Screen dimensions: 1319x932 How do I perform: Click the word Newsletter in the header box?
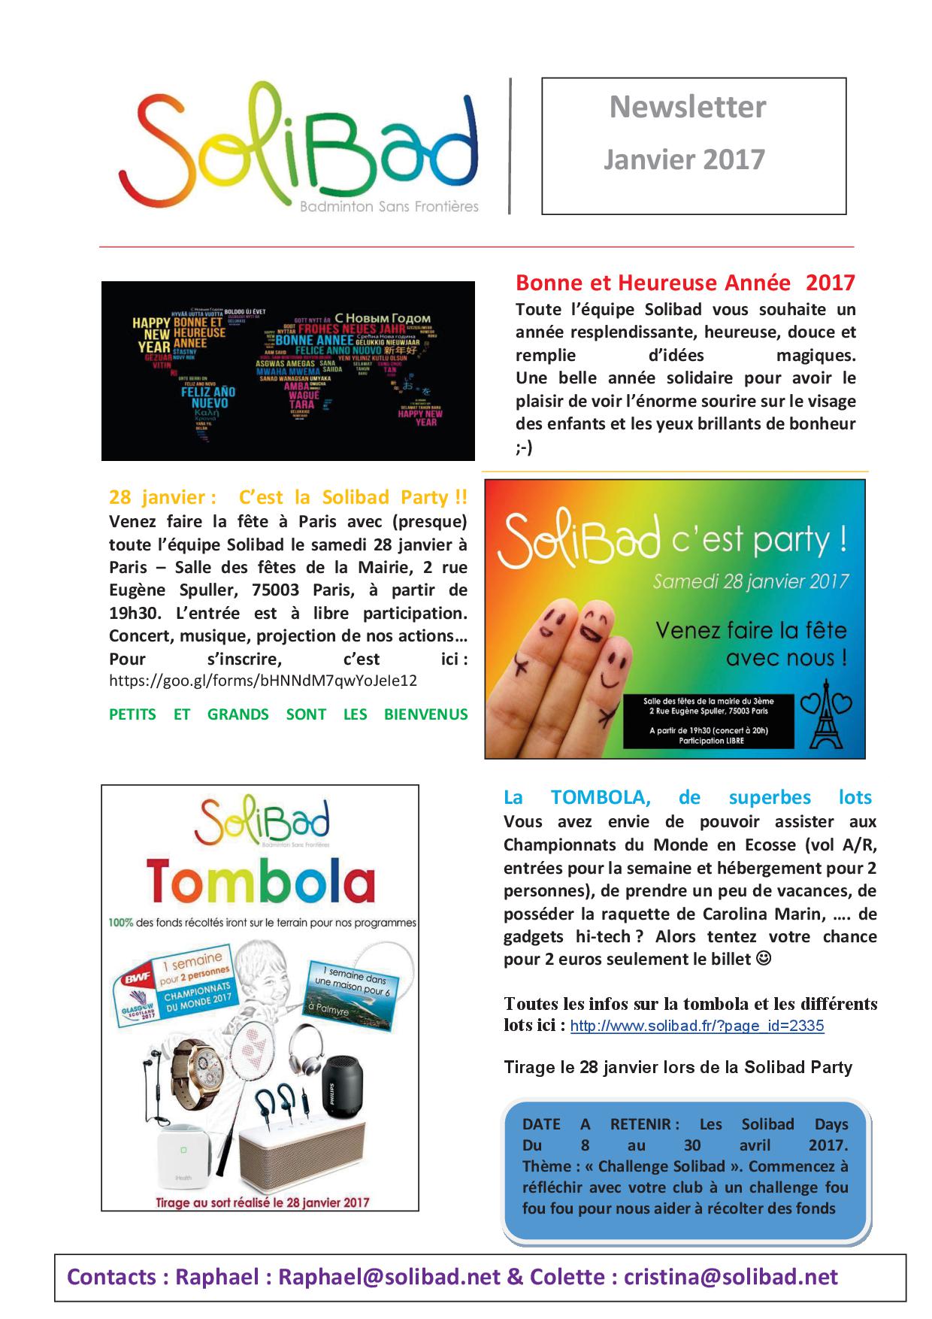pos(687,107)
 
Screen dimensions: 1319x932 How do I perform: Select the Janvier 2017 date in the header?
pos(684,159)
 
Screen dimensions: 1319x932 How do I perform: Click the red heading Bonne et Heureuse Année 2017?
pos(685,283)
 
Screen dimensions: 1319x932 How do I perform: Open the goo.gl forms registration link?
pos(262,681)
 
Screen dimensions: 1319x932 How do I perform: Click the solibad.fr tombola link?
pos(697,1026)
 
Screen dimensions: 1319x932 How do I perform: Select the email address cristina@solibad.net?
pos(731,1277)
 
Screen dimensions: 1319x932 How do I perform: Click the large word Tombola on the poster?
pos(260,882)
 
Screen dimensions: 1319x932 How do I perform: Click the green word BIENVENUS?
pos(425,714)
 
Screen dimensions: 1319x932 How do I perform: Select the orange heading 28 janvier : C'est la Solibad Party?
pos(288,497)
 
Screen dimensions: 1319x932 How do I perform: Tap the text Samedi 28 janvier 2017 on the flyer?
pos(750,581)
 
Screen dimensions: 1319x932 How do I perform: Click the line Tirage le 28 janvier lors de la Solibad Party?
pos(678,1067)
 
